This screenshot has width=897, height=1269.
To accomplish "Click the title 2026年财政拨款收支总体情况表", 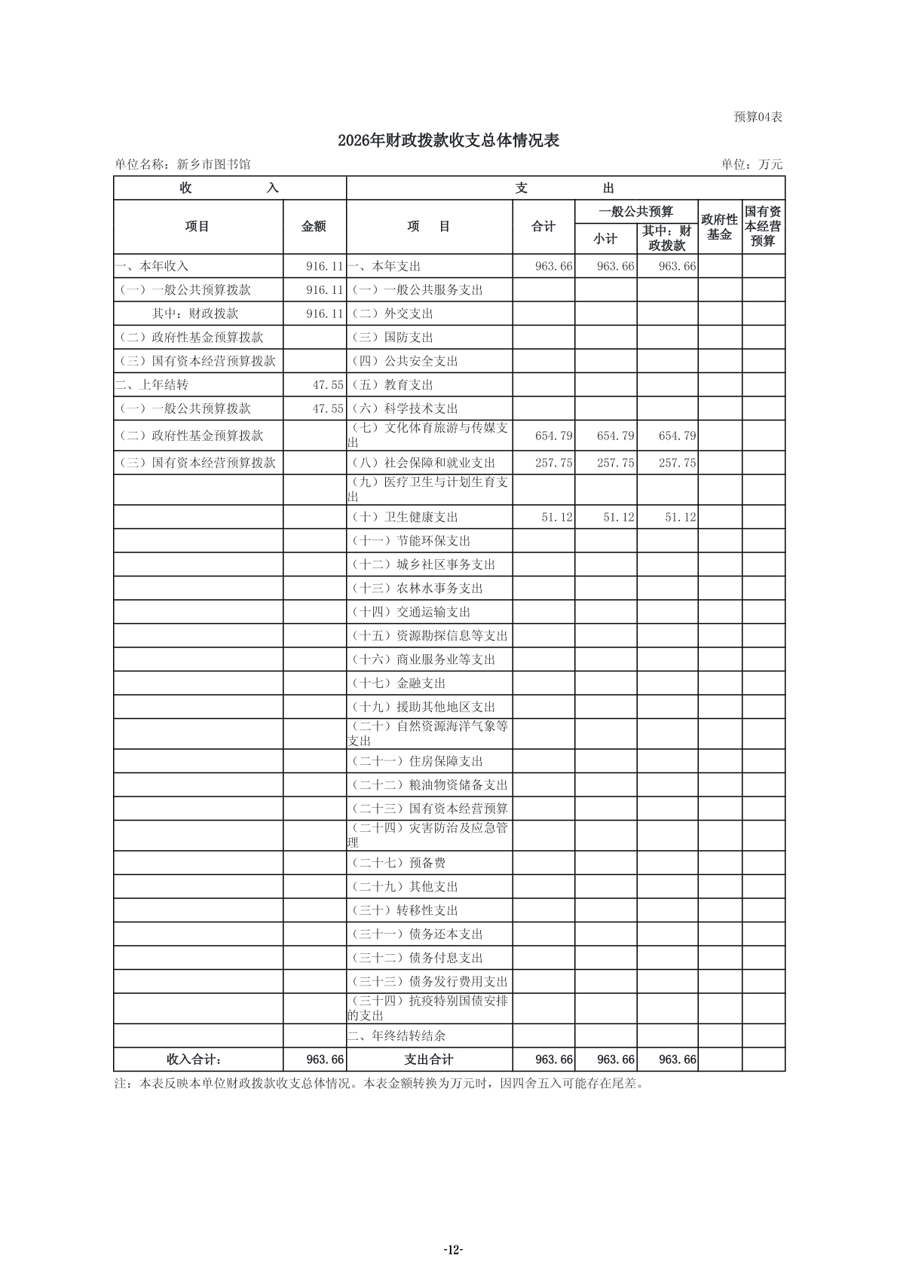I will [x=448, y=141].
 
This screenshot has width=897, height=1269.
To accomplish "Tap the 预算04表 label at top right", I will [x=758, y=117].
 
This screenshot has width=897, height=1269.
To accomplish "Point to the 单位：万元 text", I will [x=752, y=164].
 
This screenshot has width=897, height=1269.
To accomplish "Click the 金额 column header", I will [x=314, y=227].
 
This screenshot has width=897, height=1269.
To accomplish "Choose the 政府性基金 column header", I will [x=719, y=227].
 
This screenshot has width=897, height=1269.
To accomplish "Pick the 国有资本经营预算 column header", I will [x=763, y=227].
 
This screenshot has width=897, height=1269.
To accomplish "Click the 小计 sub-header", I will [x=605, y=239].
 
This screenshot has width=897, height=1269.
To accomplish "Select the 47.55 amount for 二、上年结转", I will [x=328, y=385].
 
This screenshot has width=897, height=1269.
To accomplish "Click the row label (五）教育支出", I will [x=393, y=385].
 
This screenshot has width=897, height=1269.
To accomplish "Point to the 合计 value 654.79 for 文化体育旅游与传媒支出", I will [x=554, y=436].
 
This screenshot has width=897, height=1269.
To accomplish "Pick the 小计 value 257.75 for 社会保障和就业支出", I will [x=616, y=463].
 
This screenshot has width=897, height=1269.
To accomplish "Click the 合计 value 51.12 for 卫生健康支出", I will [x=557, y=518].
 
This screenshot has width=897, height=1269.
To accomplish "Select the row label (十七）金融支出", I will [x=399, y=683].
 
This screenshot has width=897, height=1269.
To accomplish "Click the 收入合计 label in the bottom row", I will [x=194, y=1060].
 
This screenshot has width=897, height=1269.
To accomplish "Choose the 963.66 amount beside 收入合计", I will [x=325, y=1060].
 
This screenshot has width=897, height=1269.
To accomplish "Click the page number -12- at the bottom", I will [x=452, y=1250].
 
